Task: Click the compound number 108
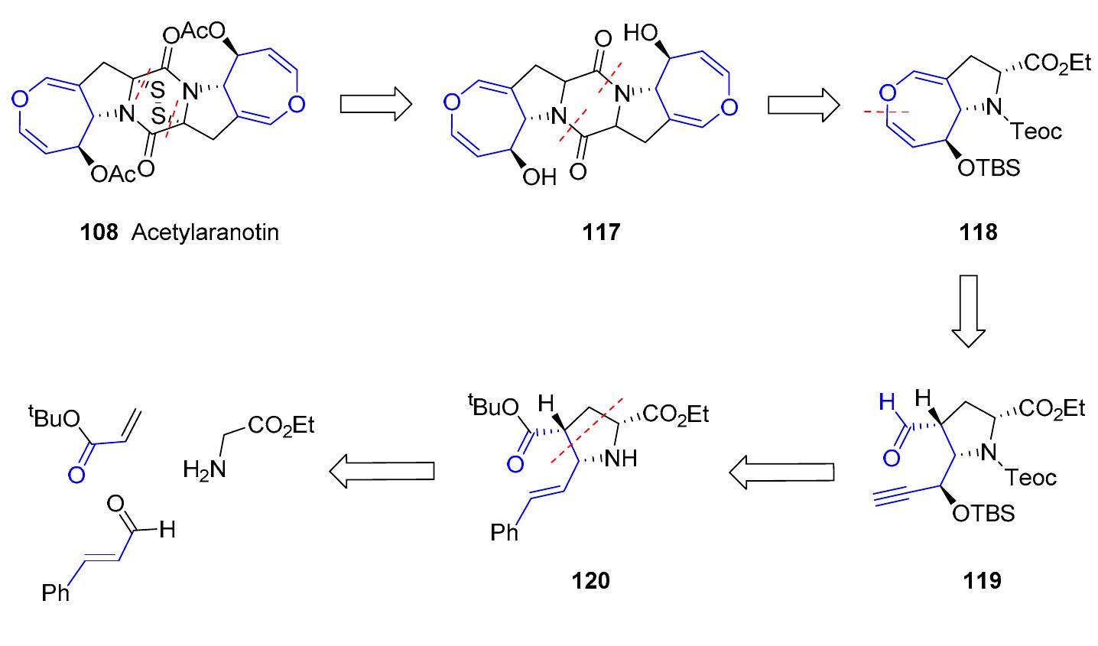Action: tap(100, 232)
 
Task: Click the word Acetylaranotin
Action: tap(204, 232)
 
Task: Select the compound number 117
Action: tap(600, 232)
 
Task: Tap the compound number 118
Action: tap(979, 232)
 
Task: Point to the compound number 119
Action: tap(982, 580)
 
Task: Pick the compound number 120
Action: tap(591, 580)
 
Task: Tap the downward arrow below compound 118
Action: tap(969, 310)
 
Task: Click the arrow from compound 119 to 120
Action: tap(779, 474)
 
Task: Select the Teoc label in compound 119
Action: tap(1029, 479)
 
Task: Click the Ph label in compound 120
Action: tap(505, 531)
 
